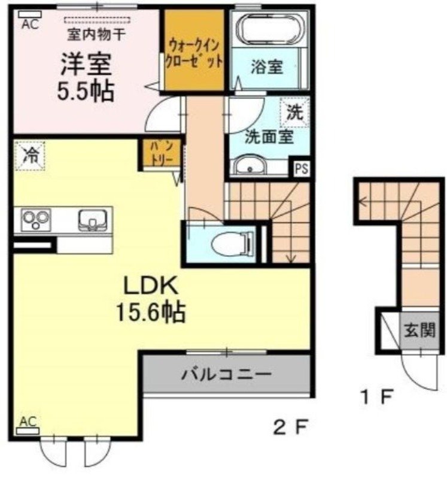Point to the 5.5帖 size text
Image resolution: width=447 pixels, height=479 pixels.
point(86,90)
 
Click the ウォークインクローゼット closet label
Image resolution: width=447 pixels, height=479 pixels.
point(196,51)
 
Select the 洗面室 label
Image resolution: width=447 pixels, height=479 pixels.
point(269,137)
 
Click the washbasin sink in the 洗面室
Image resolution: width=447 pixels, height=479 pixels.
point(252,166)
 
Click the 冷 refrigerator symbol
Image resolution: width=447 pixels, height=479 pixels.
point(30,156)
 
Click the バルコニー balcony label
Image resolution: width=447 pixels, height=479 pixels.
point(227,375)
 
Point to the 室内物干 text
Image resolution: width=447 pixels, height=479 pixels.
point(96,34)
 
